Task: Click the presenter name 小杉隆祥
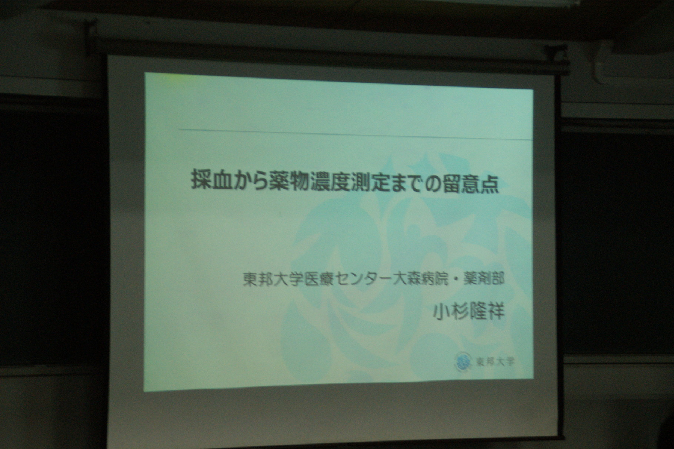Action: point(469,312)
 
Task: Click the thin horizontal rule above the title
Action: point(355,134)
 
